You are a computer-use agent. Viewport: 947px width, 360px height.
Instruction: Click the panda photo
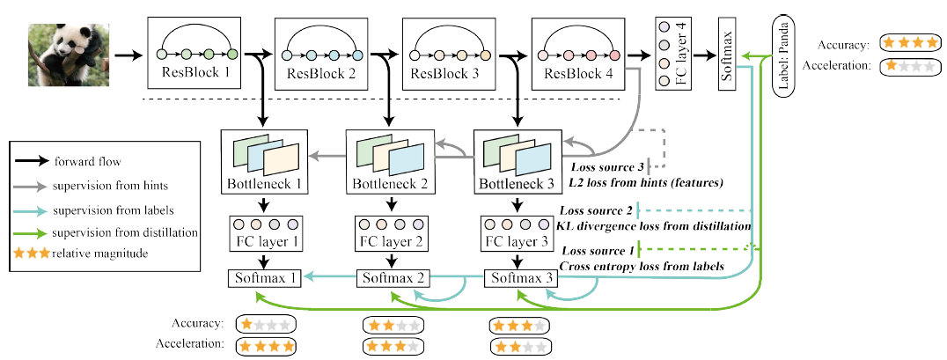[x=69, y=55]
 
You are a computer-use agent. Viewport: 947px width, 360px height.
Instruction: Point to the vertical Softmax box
[x=729, y=54]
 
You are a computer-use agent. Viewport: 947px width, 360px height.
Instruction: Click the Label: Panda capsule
[x=783, y=55]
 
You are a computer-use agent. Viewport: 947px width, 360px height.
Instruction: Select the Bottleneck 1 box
[x=265, y=159]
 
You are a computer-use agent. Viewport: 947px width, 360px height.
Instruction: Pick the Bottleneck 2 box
[x=390, y=159]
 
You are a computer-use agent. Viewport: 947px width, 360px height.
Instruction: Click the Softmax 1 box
[x=265, y=278]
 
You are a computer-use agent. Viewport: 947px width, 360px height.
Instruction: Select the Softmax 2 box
[x=393, y=278]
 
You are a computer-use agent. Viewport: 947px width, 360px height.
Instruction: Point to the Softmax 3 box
[x=521, y=278]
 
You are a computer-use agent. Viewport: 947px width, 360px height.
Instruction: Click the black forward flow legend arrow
[x=32, y=161]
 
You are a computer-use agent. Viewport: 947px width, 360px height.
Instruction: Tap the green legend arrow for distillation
[x=32, y=232]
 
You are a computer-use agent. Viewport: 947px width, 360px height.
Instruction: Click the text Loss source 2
[x=596, y=210]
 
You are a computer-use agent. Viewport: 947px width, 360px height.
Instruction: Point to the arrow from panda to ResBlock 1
[x=128, y=55]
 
